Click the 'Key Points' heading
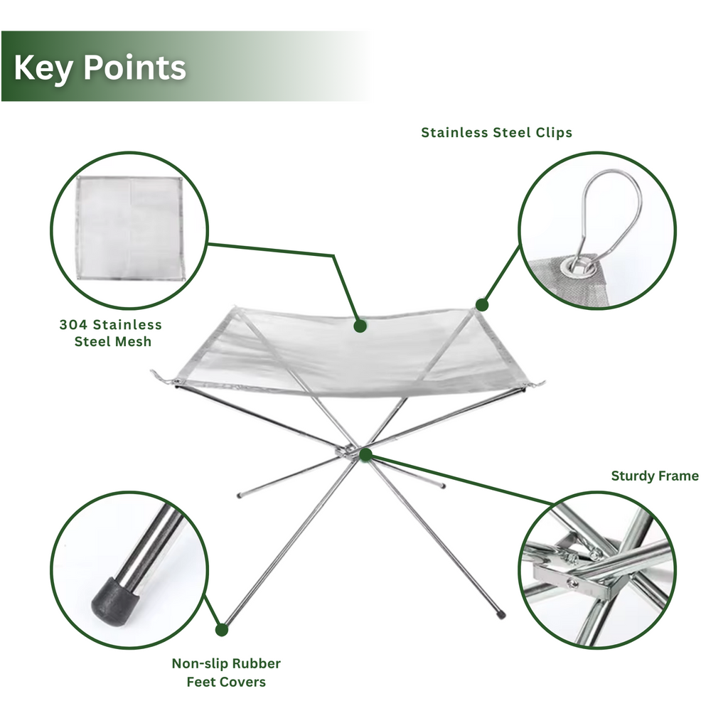100,68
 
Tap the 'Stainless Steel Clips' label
496,132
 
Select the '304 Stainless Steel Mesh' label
111,333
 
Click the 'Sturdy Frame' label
655,476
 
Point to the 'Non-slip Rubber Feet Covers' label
226,673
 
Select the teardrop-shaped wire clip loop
609,206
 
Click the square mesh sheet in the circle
130,228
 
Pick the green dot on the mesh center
360,326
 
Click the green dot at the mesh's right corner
482,305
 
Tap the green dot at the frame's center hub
365,454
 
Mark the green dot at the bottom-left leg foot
222,629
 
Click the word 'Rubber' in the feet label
258,664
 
